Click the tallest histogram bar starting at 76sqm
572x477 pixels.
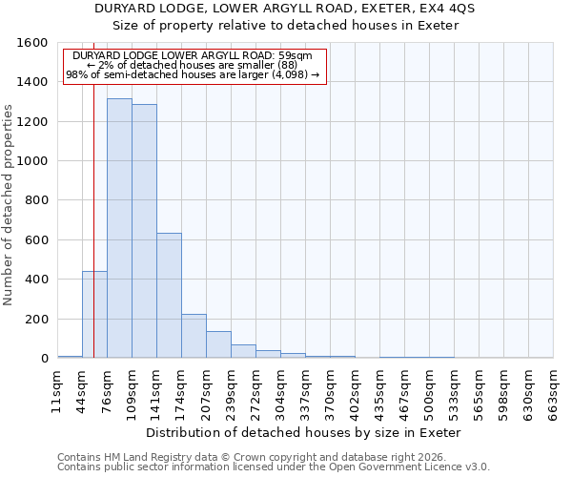pyautogui.click(x=119, y=229)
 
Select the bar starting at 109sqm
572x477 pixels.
pyautogui.click(x=144, y=232)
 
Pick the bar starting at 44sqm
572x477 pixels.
pyautogui.click(x=94, y=315)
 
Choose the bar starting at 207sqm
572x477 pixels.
pyautogui.click(x=218, y=344)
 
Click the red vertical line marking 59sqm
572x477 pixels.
pyautogui.click(x=93, y=191)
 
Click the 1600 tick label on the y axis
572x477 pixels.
pyautogui.click(x=32, y=43)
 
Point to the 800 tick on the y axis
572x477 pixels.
pyautogui.click(x=36, y=200)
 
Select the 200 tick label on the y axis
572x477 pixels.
pyautogui.click(x=36, y=319)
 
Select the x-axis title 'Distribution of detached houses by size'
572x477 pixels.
pyautogui.click(x=305, y=432)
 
